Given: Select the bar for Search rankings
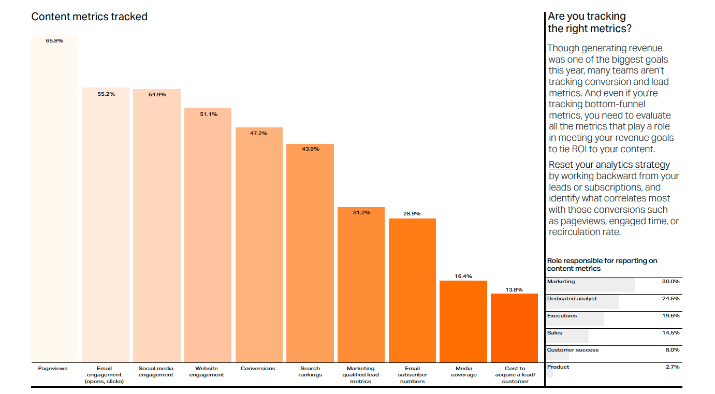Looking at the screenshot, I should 310,253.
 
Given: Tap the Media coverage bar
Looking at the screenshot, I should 463,321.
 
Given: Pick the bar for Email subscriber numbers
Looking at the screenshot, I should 412,290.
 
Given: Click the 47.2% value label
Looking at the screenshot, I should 259,134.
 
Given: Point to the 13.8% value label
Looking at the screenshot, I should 514,289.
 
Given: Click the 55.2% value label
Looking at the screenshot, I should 106,94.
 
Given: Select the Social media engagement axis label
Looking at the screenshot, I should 156,372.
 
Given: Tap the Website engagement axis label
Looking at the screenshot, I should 207,372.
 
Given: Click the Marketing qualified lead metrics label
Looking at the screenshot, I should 361,375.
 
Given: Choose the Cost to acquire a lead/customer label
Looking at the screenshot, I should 515,375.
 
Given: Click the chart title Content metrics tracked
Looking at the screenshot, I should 89,17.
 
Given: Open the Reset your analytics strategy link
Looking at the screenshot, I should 609,165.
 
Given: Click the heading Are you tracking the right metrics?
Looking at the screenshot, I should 589,22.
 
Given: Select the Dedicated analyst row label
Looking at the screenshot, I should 572,299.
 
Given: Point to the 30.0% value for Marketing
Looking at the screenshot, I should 670,282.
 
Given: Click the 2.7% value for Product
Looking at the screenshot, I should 672,367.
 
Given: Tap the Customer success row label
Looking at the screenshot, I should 573,350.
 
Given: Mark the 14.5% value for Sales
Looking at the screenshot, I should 670,333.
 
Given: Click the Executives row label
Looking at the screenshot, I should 562,316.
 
